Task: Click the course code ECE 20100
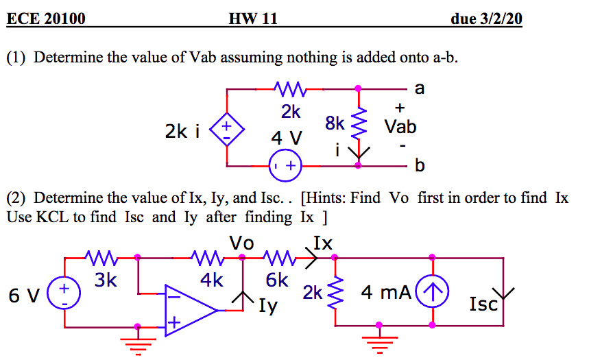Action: pos(46,19)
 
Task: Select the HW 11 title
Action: pos(254,19)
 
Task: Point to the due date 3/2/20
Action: pos(486,19)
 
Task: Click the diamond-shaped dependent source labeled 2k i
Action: pos(227,128)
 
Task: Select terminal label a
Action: pos(420,88)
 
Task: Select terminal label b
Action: pos(420,167)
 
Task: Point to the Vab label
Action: pos(400,127)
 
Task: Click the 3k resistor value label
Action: pos(106,280)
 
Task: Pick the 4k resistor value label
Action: pos(212,280)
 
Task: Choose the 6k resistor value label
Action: pos(276,280)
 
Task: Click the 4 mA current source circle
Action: pos(432,293)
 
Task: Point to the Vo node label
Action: pos(241,243)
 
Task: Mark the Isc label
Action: pos(483,304)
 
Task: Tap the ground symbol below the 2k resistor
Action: pos(379,340)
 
